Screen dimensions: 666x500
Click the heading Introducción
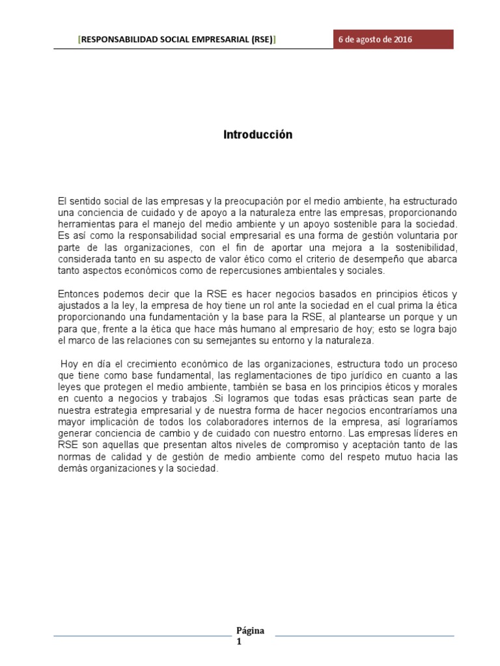258,135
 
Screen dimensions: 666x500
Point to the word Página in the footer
249,631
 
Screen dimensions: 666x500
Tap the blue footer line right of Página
365,636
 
